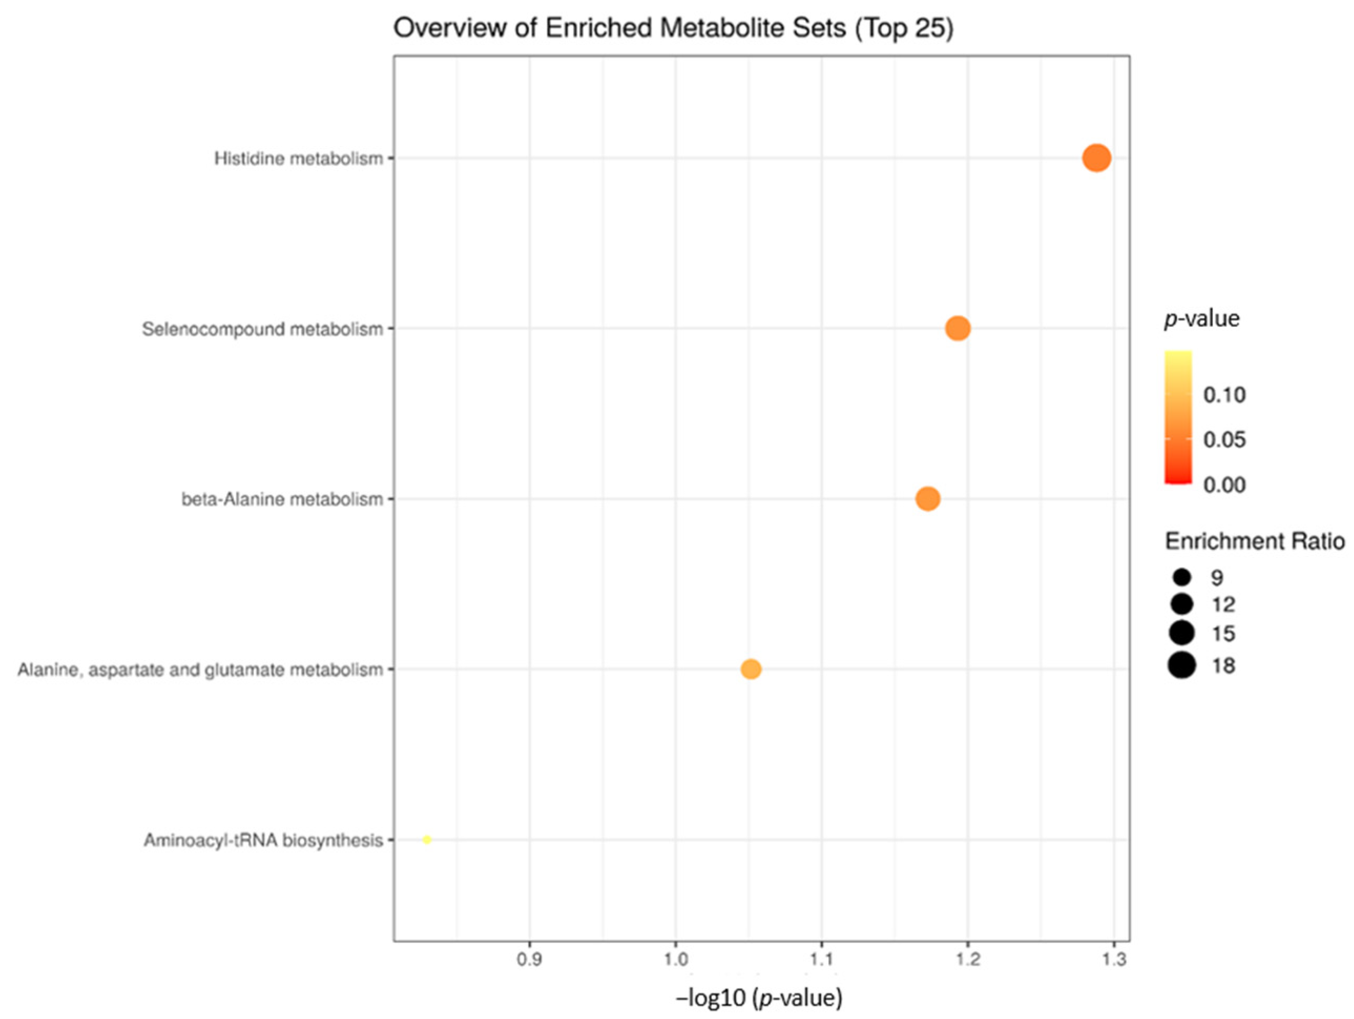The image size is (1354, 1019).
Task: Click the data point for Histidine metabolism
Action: [1096, 159]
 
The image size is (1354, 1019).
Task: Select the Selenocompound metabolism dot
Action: [958, 329]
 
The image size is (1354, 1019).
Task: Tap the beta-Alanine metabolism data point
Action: [928, 499]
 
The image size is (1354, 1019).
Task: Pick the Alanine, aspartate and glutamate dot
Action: [751, 669]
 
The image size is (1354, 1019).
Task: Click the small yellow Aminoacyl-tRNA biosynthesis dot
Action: [427, 839]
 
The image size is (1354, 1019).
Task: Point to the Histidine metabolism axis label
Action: [298, 159]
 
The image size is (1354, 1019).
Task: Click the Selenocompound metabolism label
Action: [262, 329]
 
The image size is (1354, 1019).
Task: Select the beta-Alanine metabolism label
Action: [282, 499]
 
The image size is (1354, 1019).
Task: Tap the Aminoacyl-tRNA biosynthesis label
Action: [263, 841]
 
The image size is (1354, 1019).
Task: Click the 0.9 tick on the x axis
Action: [529, 959]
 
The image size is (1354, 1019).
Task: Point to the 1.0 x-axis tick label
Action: [676, 959]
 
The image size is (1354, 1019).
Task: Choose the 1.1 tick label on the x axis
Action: [821, 959]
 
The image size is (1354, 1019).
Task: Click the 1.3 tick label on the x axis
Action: [1114, 959]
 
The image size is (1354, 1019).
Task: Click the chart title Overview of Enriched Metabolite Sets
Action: [673, 28]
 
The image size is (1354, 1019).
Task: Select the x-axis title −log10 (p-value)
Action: [759, 998]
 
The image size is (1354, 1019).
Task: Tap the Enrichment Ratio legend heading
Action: [1255, 541]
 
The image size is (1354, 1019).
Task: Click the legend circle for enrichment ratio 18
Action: [1182, 665]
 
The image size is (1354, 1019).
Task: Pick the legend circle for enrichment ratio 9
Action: [1182, 576]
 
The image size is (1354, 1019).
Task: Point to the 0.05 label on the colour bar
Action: [1224, 439]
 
